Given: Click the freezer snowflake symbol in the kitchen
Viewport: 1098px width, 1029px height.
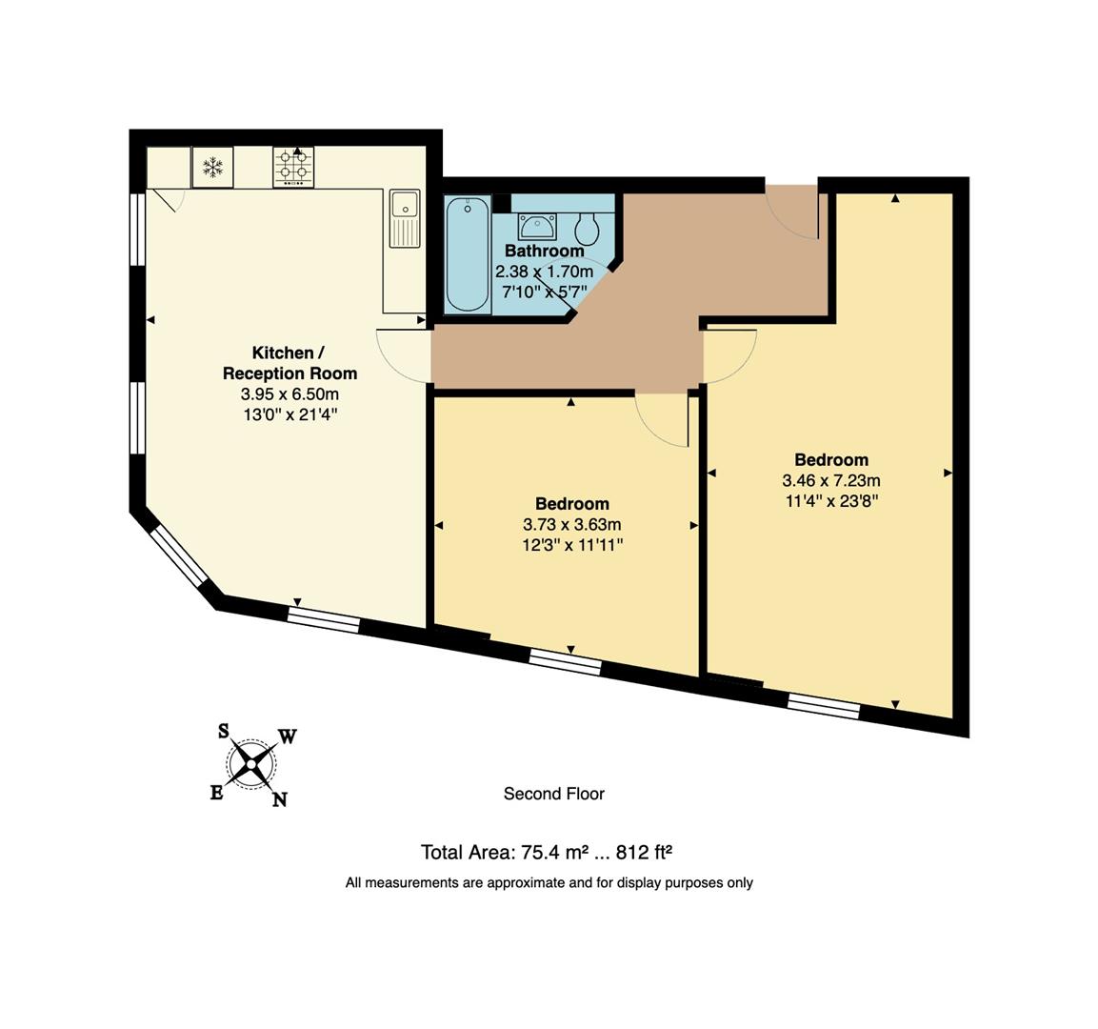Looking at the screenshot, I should (213, 168).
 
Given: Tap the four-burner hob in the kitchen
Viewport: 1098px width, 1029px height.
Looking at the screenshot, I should (293, 168).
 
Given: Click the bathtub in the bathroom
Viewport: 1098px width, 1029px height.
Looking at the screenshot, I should (468, 253).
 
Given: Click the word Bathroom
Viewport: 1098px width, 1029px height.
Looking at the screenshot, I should (544, 252).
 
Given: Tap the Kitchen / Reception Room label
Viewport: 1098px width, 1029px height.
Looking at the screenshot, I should (289, 363).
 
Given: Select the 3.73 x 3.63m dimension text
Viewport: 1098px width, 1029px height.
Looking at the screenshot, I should (571, 525).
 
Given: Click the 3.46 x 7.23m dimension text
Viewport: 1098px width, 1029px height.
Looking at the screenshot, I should (830, 481).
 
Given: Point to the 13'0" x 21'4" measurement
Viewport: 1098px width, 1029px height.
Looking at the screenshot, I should (289, 414).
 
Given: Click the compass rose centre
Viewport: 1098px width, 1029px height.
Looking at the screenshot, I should (251, 762).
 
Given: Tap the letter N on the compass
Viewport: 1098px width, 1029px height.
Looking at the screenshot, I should (279, 799).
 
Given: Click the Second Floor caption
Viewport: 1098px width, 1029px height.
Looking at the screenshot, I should (553, 794).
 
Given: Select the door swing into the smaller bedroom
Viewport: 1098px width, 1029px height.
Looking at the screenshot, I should (662, 419).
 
